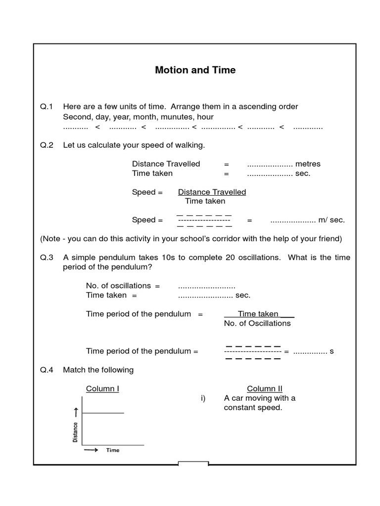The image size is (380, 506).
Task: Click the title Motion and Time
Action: click(x=195, y=70)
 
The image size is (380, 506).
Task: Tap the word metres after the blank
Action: click(x=308, y=164)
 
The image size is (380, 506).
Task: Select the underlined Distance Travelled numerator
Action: click(x=212, y=192)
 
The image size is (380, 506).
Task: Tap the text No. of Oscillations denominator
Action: click(x=257, y=323)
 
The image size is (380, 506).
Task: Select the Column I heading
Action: click(x=102, y=388)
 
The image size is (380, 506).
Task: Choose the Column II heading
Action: click(x=265, y=388)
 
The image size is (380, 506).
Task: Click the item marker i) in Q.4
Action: click(x=203, y=398)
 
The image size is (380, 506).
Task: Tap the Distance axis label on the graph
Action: click(x=75, y=432)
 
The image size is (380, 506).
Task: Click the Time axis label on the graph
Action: click(x=113, y=450)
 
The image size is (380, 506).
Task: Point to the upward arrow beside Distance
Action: click(x=76, y=412)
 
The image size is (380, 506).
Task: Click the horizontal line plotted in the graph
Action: click(x=103, y=413)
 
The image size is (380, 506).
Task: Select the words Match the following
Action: click(x=98, y=370)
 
